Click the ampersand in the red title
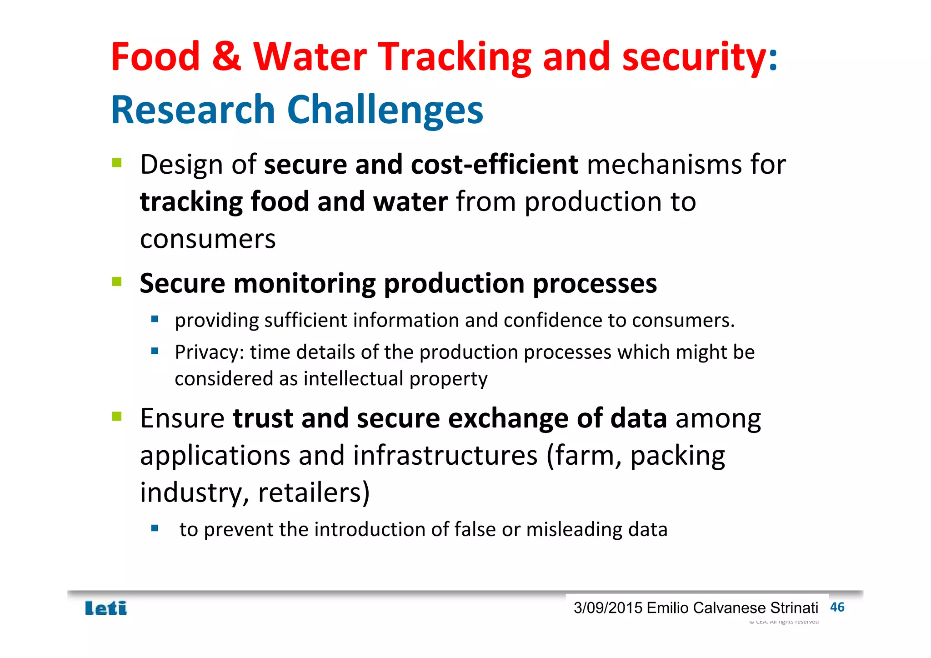point(226,56)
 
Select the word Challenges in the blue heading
point(385,110)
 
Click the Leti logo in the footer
point(106,608)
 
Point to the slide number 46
point(837,607)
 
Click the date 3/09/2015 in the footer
point(608,608)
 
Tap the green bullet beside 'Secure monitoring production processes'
point(117,282)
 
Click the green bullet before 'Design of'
point(117,163)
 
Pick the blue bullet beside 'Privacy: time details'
point(155,351)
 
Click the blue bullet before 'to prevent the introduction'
point(155,528)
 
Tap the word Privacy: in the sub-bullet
point(209,352)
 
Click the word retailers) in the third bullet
point(314,492)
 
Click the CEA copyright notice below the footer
point(784,622)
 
